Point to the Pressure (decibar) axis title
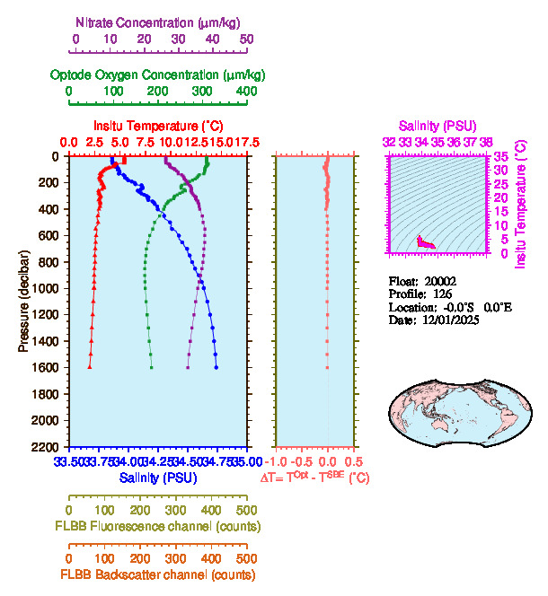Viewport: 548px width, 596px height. pyautogui.click(x=24, y=300)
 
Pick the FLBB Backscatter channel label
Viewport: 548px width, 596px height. pyautogui.click(x=158, y=574)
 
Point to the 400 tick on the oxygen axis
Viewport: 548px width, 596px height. pyautogui.click(x=246, y=92)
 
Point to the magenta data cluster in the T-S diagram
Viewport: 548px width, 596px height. pyautogui.click(x=426, y=242)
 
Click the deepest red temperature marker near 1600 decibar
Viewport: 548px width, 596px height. pyautogui.click(x=89, y=367)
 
